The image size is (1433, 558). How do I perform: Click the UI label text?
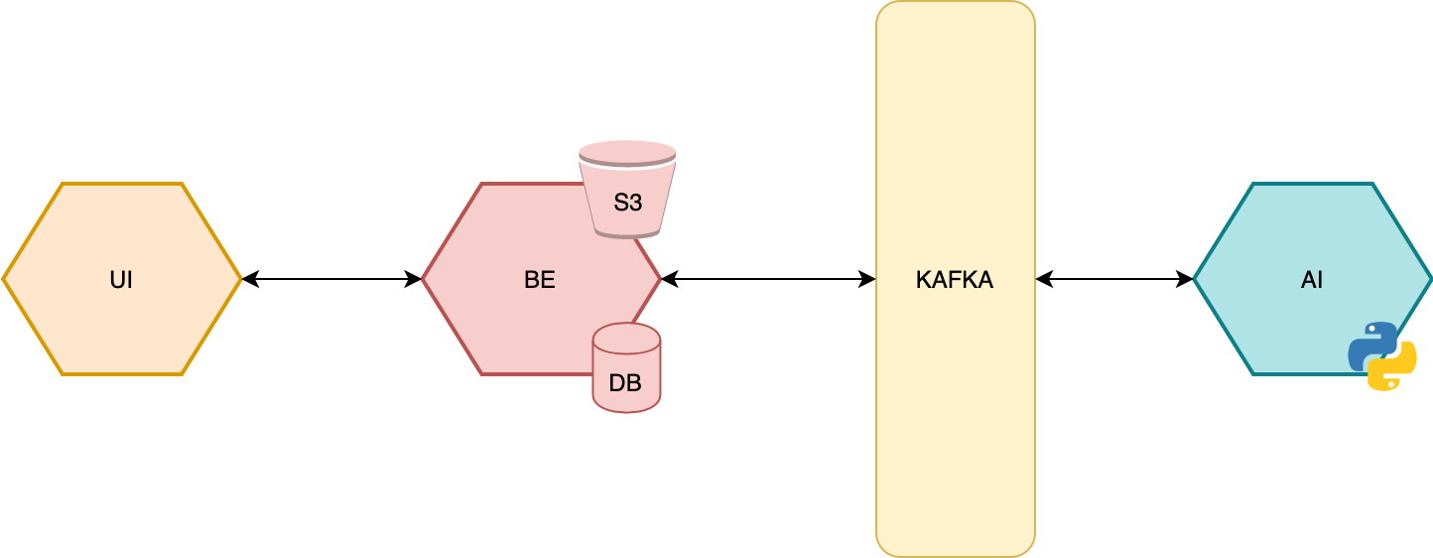(121, 280)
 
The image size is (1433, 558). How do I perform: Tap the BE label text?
(539, 280)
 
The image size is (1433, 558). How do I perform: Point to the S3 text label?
(627, 203)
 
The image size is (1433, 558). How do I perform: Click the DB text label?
(625, 382)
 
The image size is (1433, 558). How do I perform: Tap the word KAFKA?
(954, 280)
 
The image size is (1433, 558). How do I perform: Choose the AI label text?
(1312, 280)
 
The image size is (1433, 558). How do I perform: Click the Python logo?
(1381, 355)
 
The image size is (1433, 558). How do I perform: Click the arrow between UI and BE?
(331, 279)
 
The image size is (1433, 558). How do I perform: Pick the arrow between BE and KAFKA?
(768, 279)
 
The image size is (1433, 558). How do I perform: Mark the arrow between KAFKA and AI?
(1114, 279)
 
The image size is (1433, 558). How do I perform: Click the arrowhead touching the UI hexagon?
(250, 279)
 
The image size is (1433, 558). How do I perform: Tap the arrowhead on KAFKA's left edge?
(868, 279)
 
